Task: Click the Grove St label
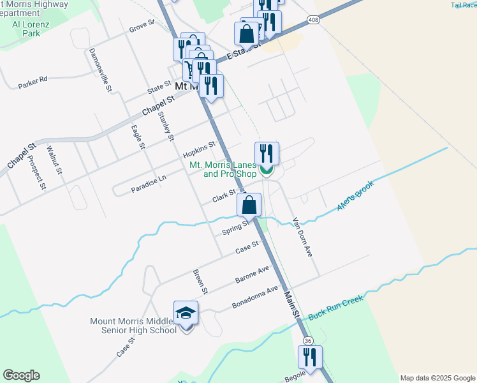coord(142,26)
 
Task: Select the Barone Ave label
coord(253,273)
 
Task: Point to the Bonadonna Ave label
coord(255,297)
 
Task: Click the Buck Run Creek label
coord(335,308)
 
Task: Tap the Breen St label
coord(200,282)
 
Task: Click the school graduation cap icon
coord(186,313)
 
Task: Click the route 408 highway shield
coord(312,20)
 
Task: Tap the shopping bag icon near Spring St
coord(249,206)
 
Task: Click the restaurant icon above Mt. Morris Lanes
coord(267,153)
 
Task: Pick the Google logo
coord(21,375)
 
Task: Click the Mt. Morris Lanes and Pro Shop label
coord(223,169)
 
